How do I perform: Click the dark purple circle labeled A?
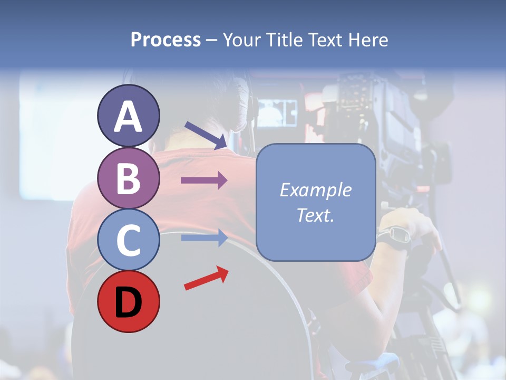coord(129,116)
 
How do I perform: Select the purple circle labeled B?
coord(129,178)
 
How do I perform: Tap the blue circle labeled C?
coord(129,240)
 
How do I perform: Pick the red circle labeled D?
coord(129,301)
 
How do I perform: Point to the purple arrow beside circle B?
coord(203,180)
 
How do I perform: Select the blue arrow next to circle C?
coord(203,238)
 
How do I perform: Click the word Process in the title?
coord(166,40)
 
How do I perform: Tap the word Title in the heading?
coord(283,40)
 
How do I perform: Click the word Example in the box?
coord(315,190)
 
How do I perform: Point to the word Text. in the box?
coord(315,215)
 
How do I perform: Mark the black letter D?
coord(129,302)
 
